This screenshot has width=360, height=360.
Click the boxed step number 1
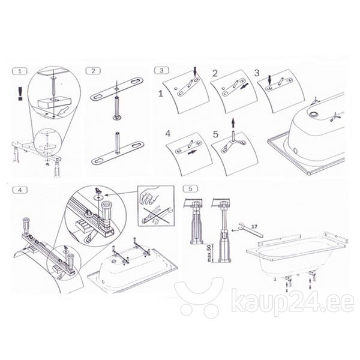tap(20, 71)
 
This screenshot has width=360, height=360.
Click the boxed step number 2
tap(93, 71)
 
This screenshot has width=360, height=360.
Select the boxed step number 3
tap(161, 70)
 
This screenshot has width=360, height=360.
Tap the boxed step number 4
tap(20, 190)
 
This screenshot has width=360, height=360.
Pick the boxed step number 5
tap(190, 189)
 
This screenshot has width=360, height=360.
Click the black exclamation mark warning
tap(20, 93)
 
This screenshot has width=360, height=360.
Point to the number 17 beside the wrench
tap(254, 227)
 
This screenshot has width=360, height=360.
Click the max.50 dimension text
tap(209, 253)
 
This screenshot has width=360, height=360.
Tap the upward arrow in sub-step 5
tap(233, 122)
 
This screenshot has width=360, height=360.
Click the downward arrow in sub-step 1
tap(195, 71)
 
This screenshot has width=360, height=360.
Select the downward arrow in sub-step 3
tap(270, 80)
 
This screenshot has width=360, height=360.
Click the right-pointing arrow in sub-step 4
tap(192, 152)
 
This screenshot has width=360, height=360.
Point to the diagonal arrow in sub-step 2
tap(244, 87)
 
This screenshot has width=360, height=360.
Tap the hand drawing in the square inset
tap(149, 196)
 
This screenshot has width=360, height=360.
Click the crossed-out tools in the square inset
tap(157, 215)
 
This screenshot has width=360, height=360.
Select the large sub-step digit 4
tap(168, 134)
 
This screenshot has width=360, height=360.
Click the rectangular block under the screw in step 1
tap(55, 103)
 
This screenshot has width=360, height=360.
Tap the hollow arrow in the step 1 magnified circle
tap(64, 111)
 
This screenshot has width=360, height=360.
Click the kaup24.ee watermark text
tap(293, 301)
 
